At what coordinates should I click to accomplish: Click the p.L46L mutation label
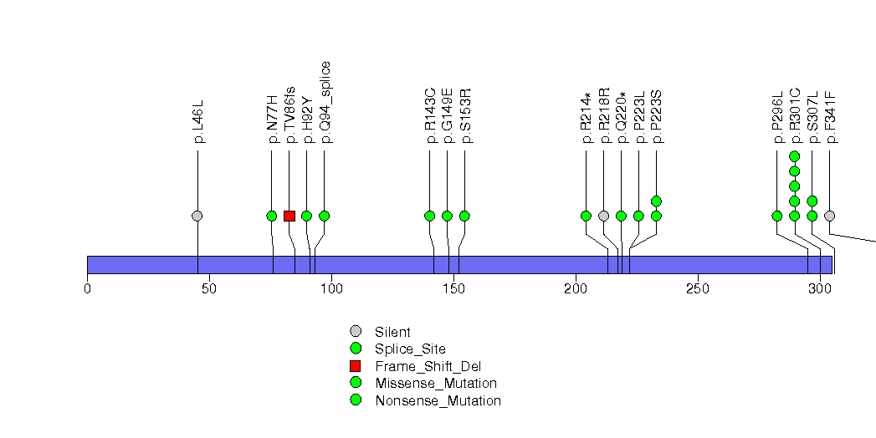tap(199, 122)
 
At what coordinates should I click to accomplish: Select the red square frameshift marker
tap(289, 216)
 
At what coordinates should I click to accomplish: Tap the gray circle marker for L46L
tap(197, 216)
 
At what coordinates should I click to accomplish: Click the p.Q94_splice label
tap(326, 102)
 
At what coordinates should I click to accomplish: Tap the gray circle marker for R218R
tap(604, 216)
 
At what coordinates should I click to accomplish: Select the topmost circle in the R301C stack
tap(795, 156)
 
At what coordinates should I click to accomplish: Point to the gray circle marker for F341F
tap(830, 216)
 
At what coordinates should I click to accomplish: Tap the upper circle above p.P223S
tap(657, 201)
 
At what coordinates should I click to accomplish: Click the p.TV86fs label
tap(290, 115)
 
